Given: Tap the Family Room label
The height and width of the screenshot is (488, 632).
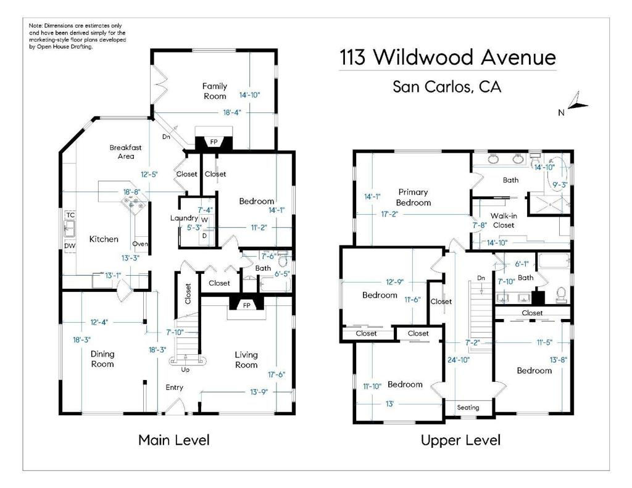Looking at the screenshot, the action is coord(214,91).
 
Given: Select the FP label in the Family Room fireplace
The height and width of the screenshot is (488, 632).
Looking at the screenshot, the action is coord(214,142).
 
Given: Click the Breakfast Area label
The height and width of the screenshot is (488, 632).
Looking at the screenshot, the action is coord(126,152).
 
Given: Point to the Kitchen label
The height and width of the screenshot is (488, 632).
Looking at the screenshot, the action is coord(104,239).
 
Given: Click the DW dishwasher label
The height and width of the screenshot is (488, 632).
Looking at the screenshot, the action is coord(70,246).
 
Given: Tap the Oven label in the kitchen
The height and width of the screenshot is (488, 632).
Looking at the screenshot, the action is coord(140,244).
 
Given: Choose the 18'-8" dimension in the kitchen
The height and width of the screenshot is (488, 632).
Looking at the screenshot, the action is coord(131,192).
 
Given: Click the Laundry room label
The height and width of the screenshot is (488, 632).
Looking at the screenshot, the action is coord(184,218).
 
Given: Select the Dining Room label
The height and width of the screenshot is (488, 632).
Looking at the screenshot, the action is coord(102,358).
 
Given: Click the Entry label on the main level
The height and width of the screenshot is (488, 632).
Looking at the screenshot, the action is coord(175,387).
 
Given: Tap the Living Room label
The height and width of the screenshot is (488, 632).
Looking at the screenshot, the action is coord(246,360).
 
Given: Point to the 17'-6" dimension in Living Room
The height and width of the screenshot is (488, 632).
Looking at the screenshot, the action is coord(276,374).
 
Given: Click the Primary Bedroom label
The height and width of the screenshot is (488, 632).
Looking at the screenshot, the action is coord(413,197).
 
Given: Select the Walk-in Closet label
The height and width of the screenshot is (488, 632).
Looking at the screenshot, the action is coord(504,220).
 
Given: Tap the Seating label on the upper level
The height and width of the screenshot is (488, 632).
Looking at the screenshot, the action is coord(468,407).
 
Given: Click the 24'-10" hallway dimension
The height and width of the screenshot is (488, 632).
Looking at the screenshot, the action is coord(459,360).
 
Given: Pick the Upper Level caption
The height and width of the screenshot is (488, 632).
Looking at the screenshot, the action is coord(460,440).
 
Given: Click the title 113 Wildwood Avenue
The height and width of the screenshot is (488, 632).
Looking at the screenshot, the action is coord(448,57).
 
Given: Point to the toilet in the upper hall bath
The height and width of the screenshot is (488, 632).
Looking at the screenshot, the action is coord(561,295).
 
